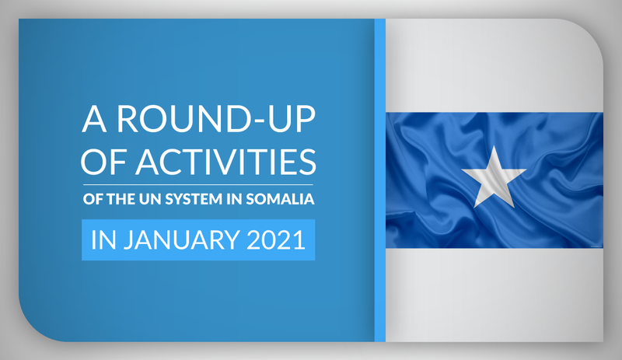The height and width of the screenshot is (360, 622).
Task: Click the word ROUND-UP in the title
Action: coord(216,119)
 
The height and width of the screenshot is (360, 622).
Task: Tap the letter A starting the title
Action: coord(94,119)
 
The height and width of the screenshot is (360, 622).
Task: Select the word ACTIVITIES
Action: coord(225,162)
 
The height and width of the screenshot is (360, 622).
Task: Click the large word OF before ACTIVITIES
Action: coord(103,162)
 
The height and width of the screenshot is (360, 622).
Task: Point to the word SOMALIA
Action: coord(280,199)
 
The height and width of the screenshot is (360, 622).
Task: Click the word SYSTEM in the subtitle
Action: coord(194,199)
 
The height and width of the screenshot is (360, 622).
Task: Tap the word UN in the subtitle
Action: coord(150,199)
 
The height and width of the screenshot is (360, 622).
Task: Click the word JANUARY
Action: coord(181,239)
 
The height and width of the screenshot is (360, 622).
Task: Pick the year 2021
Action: coord(276,239)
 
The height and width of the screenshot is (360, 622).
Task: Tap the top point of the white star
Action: coord(494,145)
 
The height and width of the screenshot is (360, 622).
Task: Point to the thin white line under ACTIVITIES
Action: coord(198,184)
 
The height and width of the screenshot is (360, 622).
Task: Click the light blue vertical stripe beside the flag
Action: coord(380,180)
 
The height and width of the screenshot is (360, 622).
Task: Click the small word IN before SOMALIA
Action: coord(234,199)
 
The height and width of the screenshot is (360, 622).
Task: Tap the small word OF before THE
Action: coord(93,199)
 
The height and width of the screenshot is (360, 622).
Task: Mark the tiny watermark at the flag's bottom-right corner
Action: coord(595,246)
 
